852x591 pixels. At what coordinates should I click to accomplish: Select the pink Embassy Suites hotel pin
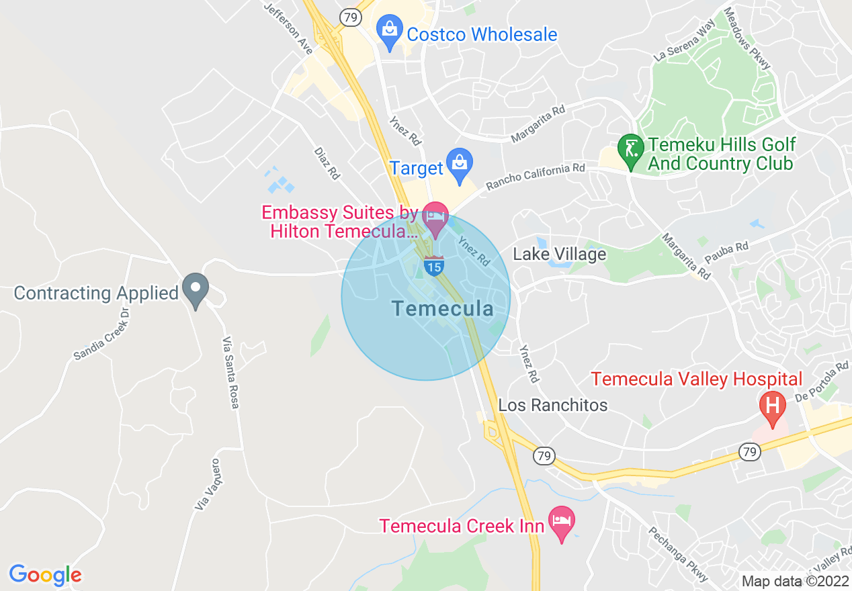pos(435,218)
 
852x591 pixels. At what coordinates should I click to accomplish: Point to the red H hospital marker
pos(772,406)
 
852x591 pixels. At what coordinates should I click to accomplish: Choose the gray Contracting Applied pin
pos(196,289)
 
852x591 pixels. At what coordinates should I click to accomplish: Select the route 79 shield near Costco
pos(350,17)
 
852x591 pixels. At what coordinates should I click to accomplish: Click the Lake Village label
pos(560,254)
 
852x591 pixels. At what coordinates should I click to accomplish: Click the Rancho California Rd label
pos(536,177)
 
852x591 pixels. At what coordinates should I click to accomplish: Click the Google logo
pos(45,575)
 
